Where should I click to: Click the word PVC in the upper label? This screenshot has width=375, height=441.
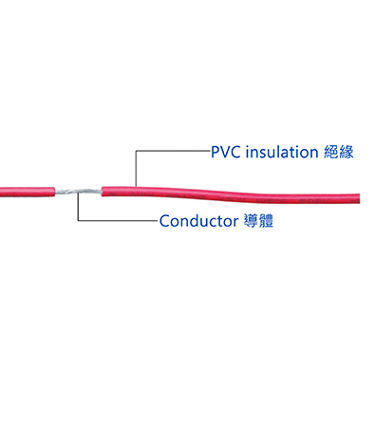click(227, 152)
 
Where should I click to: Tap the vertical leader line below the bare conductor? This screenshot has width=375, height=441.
click(76, 208)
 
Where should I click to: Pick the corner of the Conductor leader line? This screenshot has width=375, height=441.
click(76, 222)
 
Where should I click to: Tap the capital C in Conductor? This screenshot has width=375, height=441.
click(165, 222)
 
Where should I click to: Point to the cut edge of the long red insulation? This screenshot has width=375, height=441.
click(103, 191)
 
